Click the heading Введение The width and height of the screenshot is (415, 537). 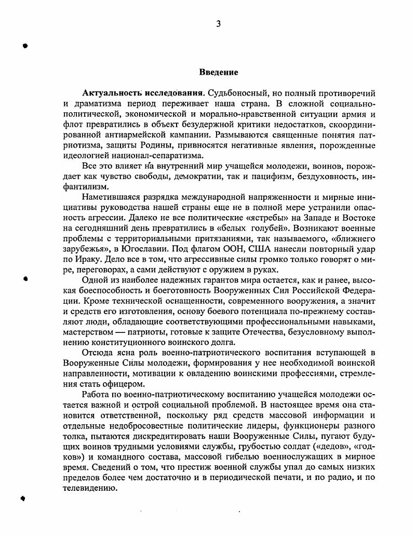click(219, 72)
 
